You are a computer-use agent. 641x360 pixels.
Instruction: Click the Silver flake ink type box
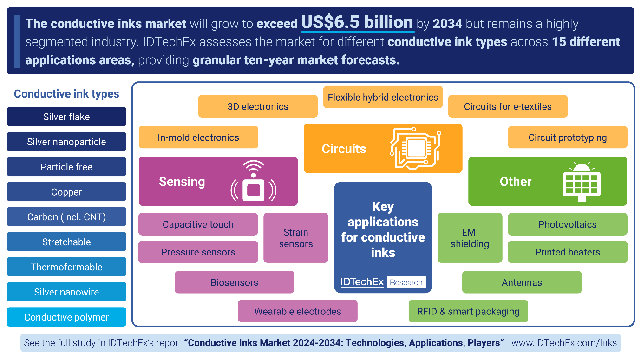pyautogui.click(x=66, y=117)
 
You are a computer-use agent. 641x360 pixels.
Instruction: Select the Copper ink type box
pyautogui.click(x=66, y=192)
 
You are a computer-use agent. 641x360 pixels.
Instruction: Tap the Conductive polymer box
pyautogui.click(x=66, y=317)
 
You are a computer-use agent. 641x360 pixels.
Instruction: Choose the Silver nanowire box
pyautogui.click(x=66, y=292)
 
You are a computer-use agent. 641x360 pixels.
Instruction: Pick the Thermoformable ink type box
pyautogui.click(x=66, y=267)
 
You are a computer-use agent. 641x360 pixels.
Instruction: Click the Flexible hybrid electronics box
pyautogui.click(x=383, y=97)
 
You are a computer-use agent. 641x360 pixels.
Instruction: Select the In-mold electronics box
pyautogui.click(x=198, y=137)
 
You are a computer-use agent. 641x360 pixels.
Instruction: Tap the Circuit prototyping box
pyautogui.click(x=568, y=137)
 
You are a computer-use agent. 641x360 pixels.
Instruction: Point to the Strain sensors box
pyautogui.click(x=296, y=238)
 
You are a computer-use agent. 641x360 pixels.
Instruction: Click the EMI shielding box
pyautogui.click(x=470, y=238)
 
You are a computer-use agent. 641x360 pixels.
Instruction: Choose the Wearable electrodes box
pyautogui.click(x=298, y=311)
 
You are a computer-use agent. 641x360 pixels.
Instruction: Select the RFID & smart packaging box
pyautogui.click(x=468, y=311)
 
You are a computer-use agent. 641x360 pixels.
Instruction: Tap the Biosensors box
pyautogui.click(x=235, y=282)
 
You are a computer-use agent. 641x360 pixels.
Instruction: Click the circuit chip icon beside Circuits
pyautogui.click(x=415, y=148)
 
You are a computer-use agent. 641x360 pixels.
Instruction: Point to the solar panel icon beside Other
pyautogui.click(x=582, y=181)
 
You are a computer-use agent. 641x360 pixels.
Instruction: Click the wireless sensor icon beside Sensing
pyautogui.click(x=254, y=181)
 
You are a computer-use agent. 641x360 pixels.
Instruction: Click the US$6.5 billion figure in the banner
pyautogui.click(x=357, y=22)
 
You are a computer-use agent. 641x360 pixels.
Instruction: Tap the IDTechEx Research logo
pyautogui.click(x=383, y=282)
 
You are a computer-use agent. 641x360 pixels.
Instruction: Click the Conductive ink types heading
pyautogui.click(x=66, y=94)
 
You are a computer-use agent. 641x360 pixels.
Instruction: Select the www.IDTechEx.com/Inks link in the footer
pyautogui.click(x=564, y=342)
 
